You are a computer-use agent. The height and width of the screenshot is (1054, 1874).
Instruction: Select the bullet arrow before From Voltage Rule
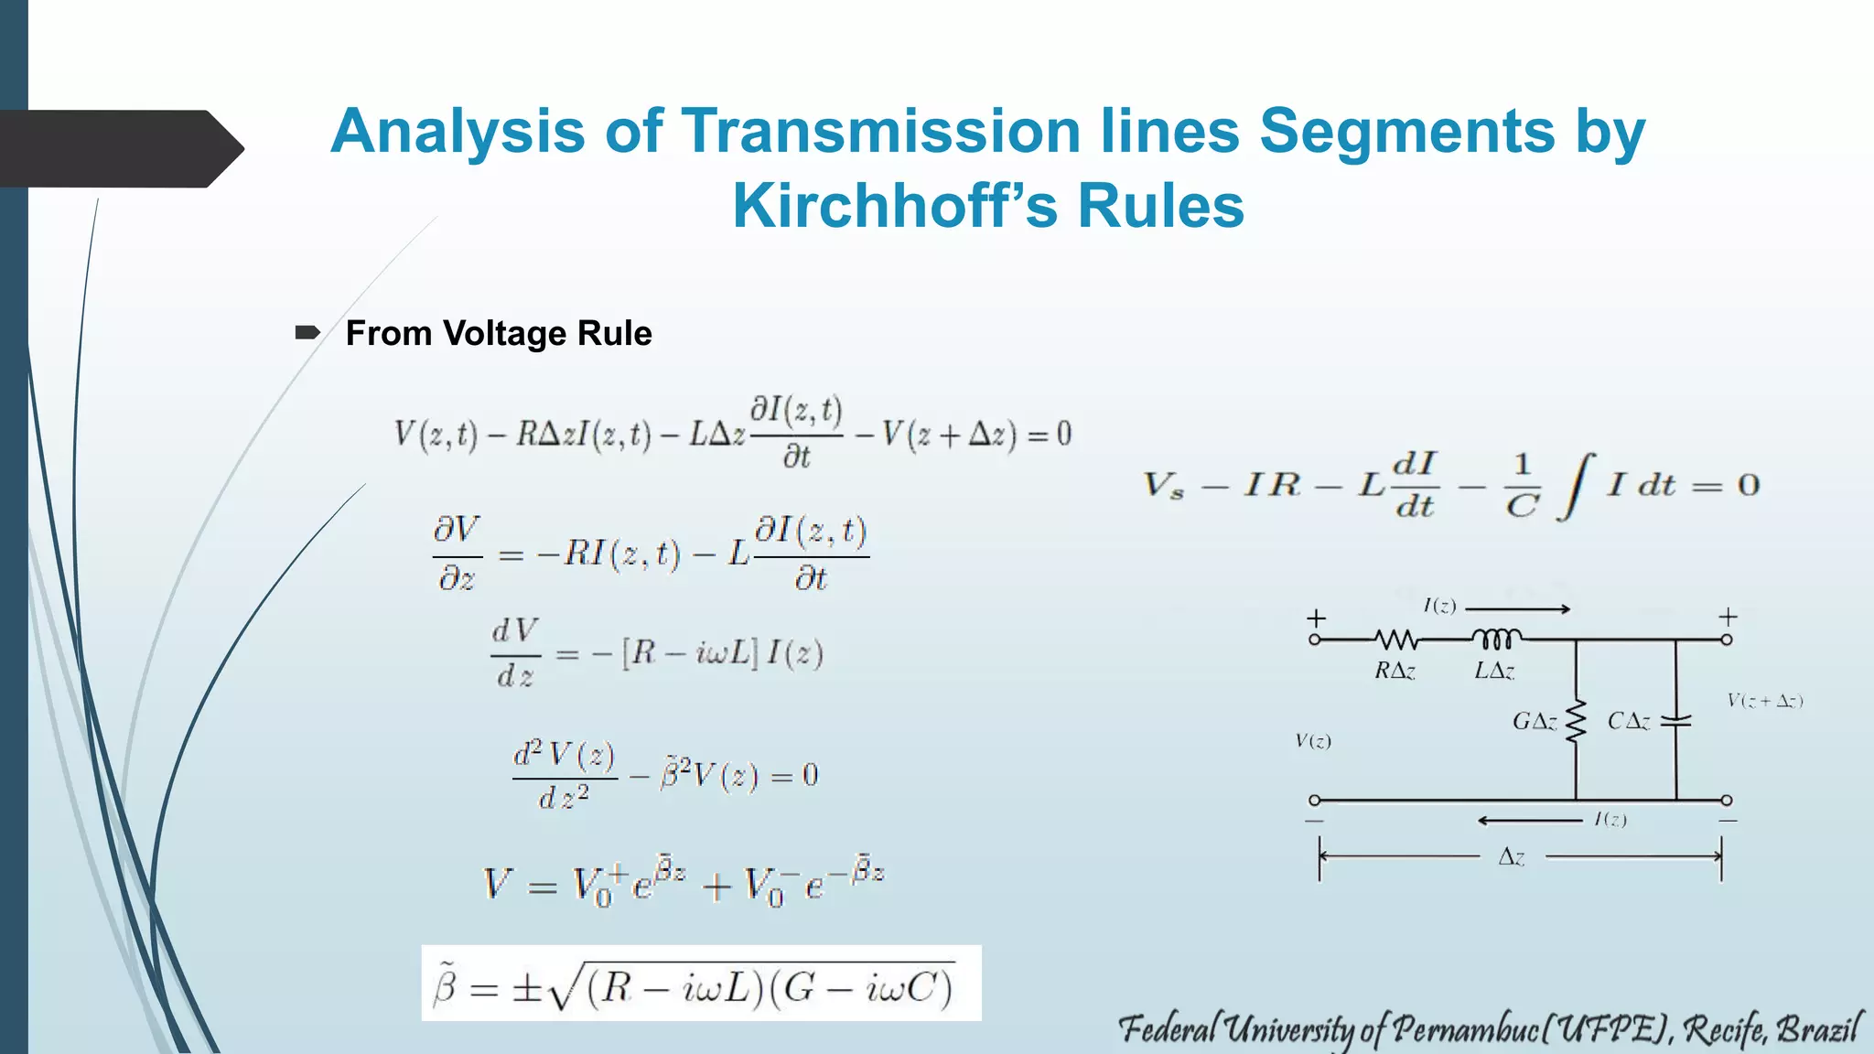307,332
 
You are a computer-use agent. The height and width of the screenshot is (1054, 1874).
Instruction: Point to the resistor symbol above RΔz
1396,639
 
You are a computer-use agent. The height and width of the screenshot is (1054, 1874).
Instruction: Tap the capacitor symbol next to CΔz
1675,721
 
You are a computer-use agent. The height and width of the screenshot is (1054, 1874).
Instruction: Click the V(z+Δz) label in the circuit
1764,702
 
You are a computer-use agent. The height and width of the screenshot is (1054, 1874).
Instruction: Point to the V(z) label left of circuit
1313,741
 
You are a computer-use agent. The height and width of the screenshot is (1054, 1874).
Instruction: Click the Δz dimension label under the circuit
1512,857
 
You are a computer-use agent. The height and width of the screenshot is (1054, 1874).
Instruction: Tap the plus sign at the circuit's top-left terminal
1316,618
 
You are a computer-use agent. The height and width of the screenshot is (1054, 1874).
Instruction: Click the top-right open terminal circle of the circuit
1726,640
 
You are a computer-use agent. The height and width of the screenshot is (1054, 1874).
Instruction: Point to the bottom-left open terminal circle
1315,801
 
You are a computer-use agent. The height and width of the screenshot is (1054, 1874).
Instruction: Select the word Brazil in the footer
1817,1029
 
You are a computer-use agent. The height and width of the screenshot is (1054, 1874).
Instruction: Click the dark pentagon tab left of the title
119,148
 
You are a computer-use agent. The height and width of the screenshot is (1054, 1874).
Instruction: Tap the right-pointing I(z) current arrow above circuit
1518,608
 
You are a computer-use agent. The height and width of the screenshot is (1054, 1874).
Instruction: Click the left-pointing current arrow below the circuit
1529,820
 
